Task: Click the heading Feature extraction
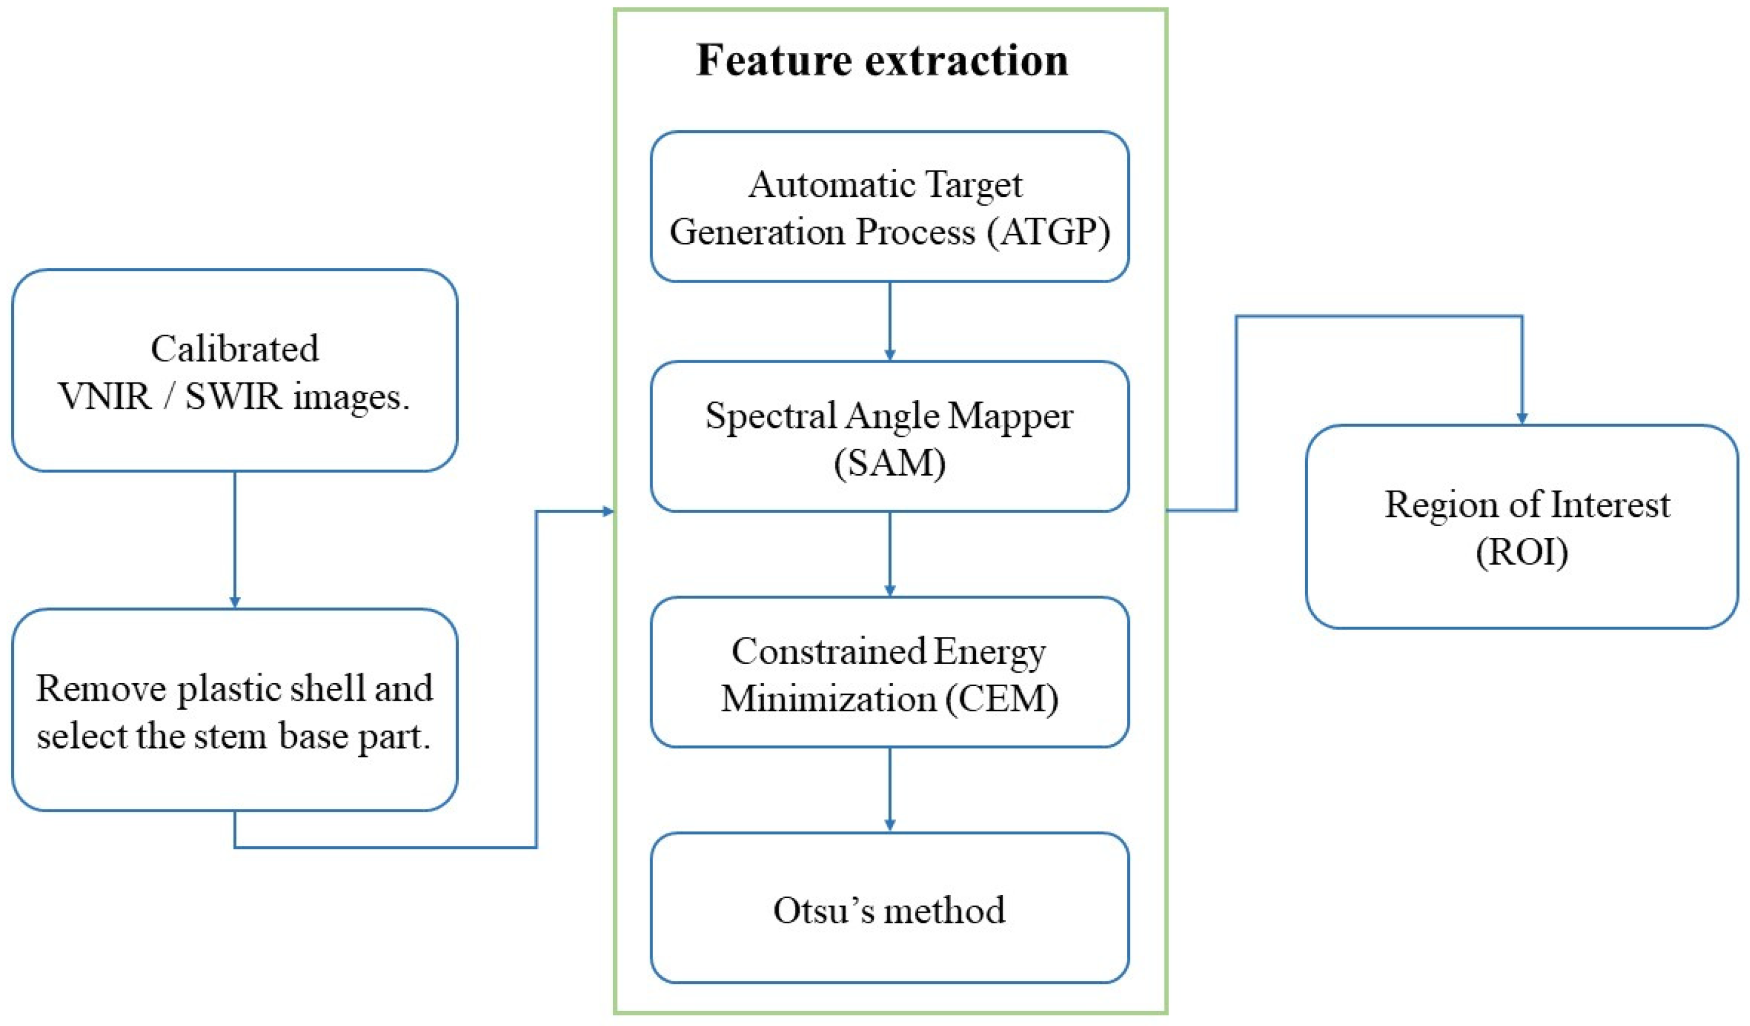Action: click(882, 60)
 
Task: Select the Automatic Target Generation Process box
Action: click(890, 207)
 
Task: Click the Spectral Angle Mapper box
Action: click(890, 437)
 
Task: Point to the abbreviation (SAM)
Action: click(890, 462)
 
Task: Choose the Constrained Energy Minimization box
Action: click(890, 673)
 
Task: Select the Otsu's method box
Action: click(890, 908)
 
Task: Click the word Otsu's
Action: click(824, 910)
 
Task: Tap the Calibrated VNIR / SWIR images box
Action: click(235, 371)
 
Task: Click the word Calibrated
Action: click(235, 349)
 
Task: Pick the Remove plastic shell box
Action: click(235, 710)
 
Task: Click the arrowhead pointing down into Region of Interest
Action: click(1522, 419)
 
